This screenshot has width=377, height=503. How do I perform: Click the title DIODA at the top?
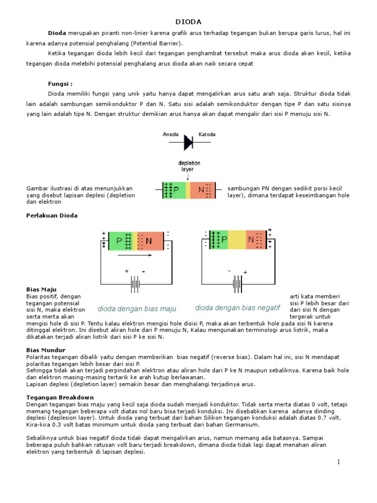click(188, 22)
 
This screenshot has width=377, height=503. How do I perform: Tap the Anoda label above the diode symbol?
click(171, 134)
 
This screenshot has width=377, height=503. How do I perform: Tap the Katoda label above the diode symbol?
click(207, 134)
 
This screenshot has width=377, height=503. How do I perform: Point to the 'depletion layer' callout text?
click(189, 166)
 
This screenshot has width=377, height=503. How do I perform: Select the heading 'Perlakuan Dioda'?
click(52, 215)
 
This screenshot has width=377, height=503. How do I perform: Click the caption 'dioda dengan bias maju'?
click(136, 309)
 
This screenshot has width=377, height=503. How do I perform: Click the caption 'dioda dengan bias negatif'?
click(238, 308)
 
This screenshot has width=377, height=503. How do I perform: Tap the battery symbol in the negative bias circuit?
click(237, 284)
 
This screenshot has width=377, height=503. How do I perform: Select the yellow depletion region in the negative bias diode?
click(238, 240)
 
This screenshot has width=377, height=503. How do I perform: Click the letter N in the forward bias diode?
click(149, 241)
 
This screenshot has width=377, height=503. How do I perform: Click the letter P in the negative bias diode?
click(225, 240)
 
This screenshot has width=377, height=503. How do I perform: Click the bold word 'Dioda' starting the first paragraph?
click(57, 32)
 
